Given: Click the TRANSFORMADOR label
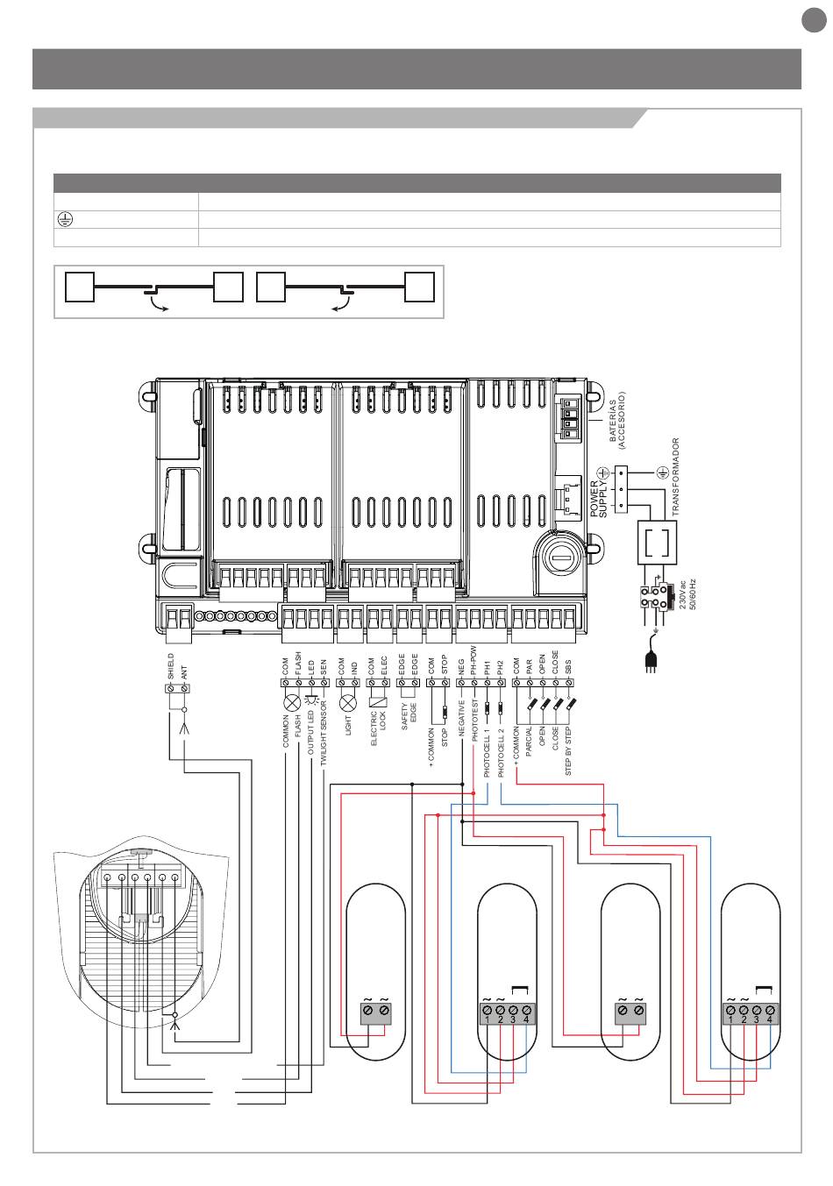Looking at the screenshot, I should (675, 477).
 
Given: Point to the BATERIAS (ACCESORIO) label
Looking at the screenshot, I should (618, 421).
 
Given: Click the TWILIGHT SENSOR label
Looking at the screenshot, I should (324, 735).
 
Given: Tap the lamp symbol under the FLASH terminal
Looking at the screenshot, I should (293, 702).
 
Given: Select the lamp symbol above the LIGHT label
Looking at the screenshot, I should (348, 702).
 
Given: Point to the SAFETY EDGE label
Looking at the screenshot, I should (409, 716).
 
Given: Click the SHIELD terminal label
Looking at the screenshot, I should (171, 667).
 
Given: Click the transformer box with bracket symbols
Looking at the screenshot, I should (657, 543).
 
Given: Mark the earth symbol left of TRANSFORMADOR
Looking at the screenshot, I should (663, 473).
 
